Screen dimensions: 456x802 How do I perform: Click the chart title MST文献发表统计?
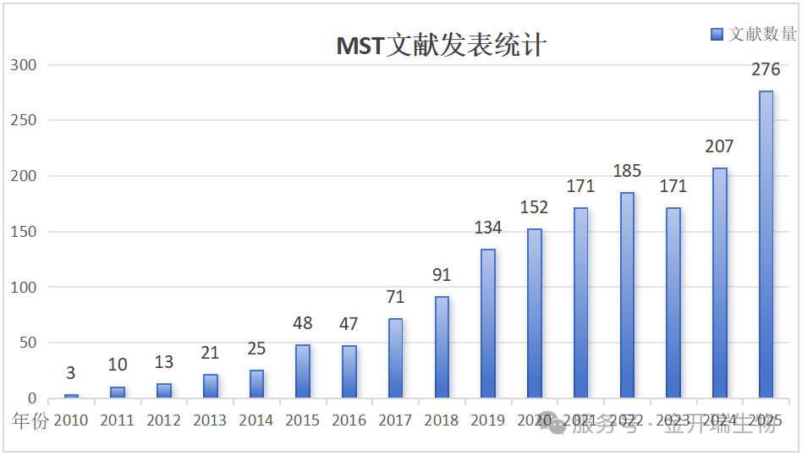(x=441, y=44)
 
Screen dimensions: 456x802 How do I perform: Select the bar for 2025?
(x=766, y=244)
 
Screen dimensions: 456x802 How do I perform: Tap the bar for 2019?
(x=488, y=323)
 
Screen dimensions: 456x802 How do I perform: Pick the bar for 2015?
(x=303, y=371)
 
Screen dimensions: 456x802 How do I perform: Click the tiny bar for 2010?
(x=71, y=396)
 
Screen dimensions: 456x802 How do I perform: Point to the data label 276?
(x=766, y=69)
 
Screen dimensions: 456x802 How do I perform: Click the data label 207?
(x=719, y=146)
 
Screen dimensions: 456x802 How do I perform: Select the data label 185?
(x=627, y=171)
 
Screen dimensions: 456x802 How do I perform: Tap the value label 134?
(x=488, y=228)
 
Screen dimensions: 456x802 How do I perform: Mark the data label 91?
(x=442, y=275)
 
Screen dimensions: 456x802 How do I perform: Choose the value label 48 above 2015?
(x=303, y=323)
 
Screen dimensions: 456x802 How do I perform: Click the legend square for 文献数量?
(x=717, y=34)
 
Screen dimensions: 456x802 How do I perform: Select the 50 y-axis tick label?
(x=28, y=343)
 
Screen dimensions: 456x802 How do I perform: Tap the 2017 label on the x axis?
(x=395, y=420)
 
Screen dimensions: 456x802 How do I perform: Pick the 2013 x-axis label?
(x=210, y=420)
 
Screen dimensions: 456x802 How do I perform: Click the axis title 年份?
(x=30, y=420)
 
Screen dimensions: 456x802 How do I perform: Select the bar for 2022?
(x=627, y=295)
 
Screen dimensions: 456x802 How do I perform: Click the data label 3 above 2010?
(x=71, y=373)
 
